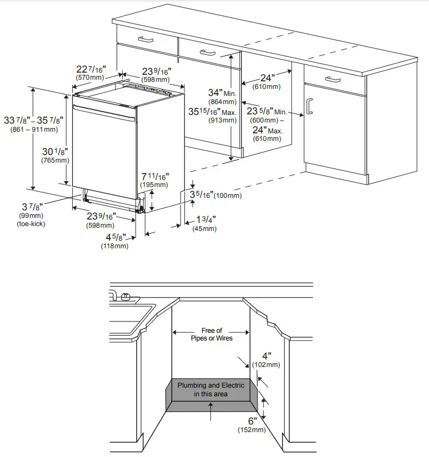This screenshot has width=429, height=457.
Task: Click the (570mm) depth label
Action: point(90,78)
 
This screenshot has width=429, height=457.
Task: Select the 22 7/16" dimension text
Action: point(91,69)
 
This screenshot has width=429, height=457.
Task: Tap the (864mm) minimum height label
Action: point(222,102)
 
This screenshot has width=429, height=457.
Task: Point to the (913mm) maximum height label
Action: point(222,121)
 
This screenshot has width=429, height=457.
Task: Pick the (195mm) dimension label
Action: point(155,185)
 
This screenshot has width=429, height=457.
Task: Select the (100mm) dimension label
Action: point(228,196)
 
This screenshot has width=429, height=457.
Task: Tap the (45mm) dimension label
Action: point(204,228)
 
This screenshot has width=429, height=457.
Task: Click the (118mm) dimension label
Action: point(114,246)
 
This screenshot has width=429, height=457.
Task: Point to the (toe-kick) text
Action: point(31,224)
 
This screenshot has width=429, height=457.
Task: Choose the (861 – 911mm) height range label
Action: point(34,129)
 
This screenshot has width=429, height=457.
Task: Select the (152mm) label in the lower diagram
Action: point(252,430)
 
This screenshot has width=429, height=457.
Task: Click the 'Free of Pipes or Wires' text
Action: point(212,334)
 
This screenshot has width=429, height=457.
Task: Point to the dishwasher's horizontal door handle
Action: point(103,113)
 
